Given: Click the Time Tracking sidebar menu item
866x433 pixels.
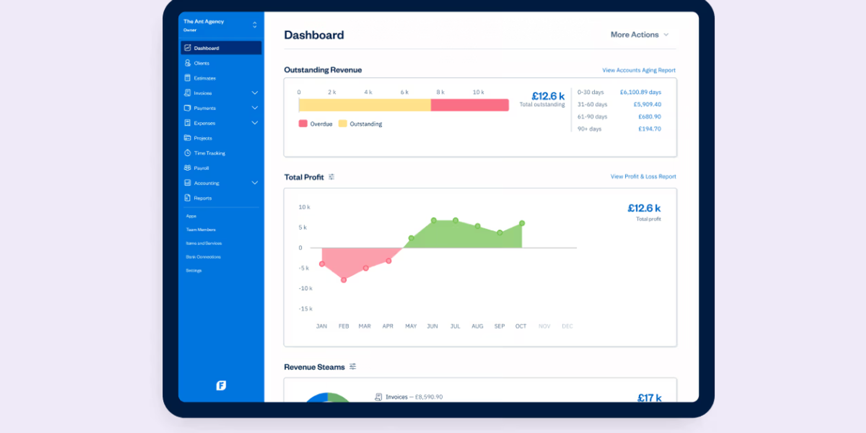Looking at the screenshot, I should (209, 153).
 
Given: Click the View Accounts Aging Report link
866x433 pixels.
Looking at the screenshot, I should (638, 70).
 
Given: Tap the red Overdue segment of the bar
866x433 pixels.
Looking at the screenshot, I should (469, 105).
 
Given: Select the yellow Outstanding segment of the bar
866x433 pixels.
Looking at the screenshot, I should (365, 105).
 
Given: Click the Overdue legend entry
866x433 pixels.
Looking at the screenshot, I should (316, 124).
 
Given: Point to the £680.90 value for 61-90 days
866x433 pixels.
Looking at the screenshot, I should (649, 116).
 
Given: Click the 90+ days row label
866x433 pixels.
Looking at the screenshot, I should (589, 129).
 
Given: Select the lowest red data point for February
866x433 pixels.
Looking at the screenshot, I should (344, 280).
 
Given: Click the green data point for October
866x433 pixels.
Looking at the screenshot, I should (522, 223).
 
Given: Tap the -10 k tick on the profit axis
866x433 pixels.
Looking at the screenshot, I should (305, 288).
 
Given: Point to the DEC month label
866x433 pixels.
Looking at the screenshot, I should (567, 326).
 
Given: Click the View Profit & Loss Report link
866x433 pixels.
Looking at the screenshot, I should (643, 177).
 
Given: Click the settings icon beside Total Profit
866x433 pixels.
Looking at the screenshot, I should (331, 177).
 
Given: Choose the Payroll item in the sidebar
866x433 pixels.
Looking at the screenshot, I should (201, 168).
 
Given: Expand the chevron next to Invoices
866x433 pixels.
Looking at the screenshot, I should (255, 93).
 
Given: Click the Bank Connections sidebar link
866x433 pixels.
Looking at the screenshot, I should (203, 257).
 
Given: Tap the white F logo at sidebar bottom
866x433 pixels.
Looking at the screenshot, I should (221, 385).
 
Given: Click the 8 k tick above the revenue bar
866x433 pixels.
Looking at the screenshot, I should (440, 92).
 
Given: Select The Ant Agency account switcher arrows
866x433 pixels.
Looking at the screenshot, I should (255, 25).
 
